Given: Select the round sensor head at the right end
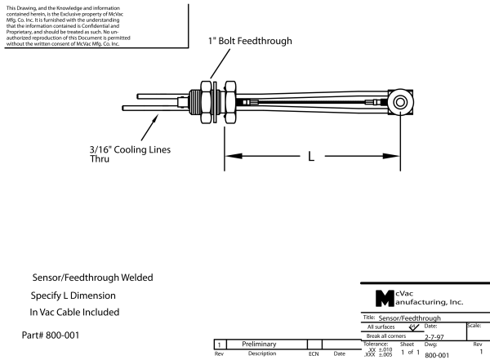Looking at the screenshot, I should click(401, 102).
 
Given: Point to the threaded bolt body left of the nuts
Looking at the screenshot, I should click(194, 103).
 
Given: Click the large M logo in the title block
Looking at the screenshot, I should click(383, 296).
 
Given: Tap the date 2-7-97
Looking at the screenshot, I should click(435, 336).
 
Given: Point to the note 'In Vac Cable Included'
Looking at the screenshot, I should click(74, 312).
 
